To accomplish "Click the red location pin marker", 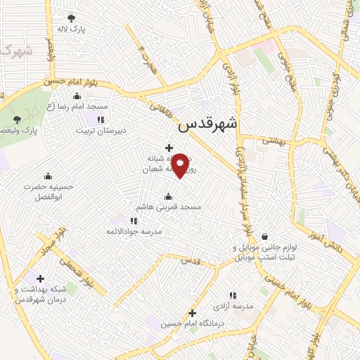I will coord(180,165).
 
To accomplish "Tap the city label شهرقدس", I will coord(208,124).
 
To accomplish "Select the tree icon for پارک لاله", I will coord(71,19).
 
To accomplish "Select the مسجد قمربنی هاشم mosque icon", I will coord(167,196).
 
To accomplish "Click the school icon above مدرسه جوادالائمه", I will coord(134,221).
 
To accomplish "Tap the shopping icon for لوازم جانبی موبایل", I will coord(264,236).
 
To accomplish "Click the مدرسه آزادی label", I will coord(233,307).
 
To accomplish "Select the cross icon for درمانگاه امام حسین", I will coord(192,313).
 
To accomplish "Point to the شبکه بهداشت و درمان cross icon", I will coord(40,278).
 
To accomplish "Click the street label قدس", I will coord(191,260).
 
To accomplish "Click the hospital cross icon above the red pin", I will coord(169,147).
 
